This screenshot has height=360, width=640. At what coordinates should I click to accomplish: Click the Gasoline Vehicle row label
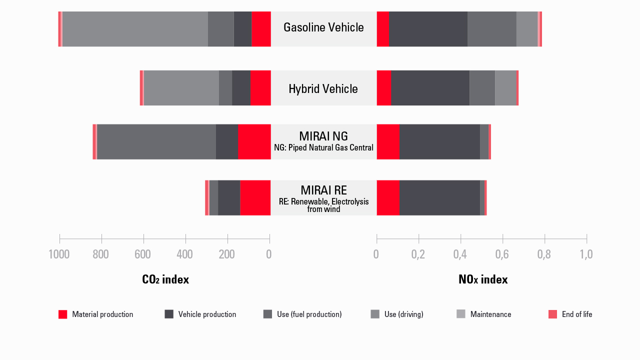(x=323, y=27)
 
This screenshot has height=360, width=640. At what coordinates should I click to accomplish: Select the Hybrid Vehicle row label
(x=323, y=89)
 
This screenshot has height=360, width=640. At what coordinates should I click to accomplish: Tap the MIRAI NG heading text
(x=323, y=136)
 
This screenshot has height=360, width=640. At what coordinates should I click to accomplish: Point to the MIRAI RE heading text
(x=323, y=190)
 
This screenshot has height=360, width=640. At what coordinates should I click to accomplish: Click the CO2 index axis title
(x=165, y=279)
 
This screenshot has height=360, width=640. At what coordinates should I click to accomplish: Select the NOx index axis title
(x=483, y=279)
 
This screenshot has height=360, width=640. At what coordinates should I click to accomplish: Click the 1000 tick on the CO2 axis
(x=59, y=254)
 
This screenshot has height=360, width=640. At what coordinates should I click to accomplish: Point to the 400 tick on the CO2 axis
(x=185, y=254)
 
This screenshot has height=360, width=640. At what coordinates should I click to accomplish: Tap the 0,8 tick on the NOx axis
(x=544, y=254)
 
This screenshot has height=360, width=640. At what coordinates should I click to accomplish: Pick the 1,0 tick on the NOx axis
(x=586, y=254)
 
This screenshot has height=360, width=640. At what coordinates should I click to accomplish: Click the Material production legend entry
(x=96, y=314)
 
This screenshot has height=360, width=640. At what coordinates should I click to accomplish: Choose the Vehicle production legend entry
(x=200, y=314)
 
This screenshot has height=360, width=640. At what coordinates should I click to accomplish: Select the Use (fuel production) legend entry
(x=302, y=314)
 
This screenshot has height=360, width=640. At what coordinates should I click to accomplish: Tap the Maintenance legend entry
(x=484, y=314)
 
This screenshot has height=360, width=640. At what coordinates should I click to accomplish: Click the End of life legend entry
(x=570, y=314)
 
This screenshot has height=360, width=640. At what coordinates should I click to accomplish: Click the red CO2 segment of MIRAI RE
(x=255, y=198)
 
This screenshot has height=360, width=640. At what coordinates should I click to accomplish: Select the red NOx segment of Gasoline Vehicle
(x=382, y=29)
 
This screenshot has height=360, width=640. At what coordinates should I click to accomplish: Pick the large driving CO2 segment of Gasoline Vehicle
(x=135, y=29)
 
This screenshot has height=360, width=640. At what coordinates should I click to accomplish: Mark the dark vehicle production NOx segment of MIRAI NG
(x=440, y=142)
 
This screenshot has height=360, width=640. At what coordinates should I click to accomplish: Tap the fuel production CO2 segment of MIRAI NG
(x=156, y=142)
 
